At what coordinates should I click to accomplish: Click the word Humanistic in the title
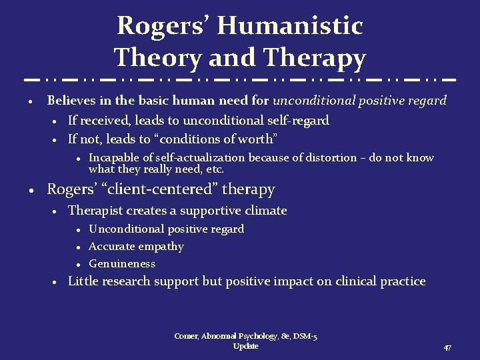coord(290,26)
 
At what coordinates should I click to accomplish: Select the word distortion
coord(331,158)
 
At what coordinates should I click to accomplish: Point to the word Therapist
coord(95,211)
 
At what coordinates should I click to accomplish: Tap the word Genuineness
coord(122,263)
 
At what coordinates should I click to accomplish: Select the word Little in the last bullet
coord(84,281)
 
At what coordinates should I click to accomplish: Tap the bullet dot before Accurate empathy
coord(79,247)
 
